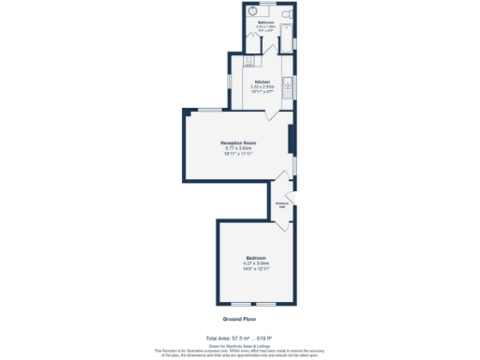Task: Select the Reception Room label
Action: pyautogui.click(x=239, y=142)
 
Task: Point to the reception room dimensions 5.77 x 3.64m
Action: pyautogui.click(x=239, y=148)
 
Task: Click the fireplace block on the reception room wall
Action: pyautogui.click(x=291, y=139)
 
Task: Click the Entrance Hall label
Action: pyautogui.click(x=281, y=204)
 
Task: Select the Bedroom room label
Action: pyautogui.click(x=256, y=258)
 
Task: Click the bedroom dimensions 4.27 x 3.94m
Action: pyautogui.click(x=256, y=263)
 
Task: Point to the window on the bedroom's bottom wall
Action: pyautogui.click(x=254, y=306)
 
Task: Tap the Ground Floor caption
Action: pyautogui.click(x=240, y=320)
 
